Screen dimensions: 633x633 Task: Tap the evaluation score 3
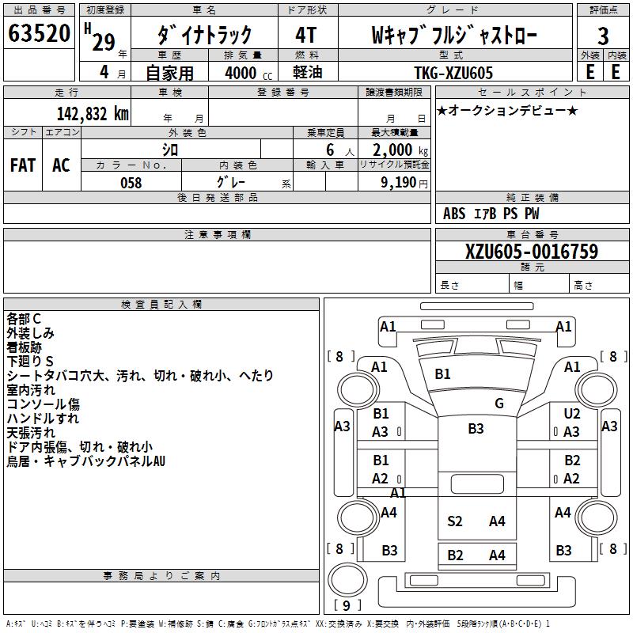coord(603,36)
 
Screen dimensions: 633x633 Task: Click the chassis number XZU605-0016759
coord(532,252)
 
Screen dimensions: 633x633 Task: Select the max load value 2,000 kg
coord(395,150)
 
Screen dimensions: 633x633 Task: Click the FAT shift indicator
coord(23,165)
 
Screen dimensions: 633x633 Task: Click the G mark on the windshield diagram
coord(499,404)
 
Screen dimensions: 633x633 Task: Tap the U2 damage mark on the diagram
coord(572,414)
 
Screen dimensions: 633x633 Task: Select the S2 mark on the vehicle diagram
coord(455,521)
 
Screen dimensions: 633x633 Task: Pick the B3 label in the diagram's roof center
coord(476,429)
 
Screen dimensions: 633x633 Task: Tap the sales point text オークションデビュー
coord(506,110)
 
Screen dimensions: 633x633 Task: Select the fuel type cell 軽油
coord(309,73)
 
